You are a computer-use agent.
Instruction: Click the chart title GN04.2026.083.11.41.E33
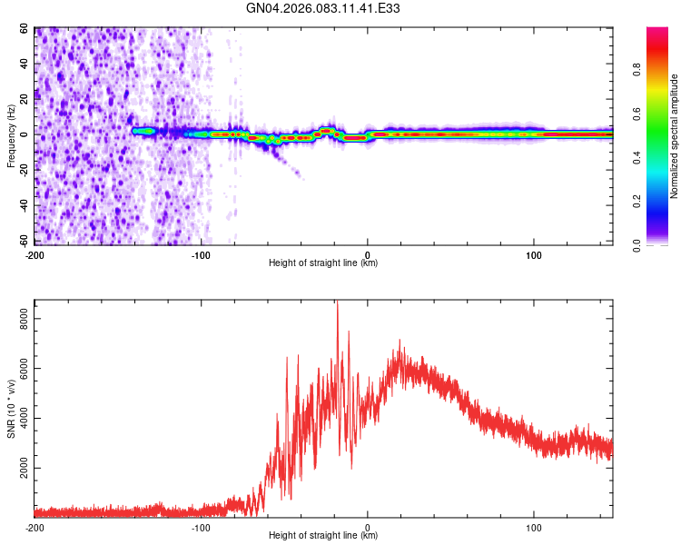(324, 8)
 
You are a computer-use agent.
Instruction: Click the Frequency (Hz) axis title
(11, 136)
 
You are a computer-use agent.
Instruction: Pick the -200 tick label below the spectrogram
(35, 254)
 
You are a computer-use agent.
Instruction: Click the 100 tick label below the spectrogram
(534, 254)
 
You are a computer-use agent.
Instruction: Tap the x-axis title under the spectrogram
(323, 263)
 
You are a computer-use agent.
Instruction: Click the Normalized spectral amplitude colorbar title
(675, 136)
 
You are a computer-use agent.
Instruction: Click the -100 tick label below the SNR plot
(201, 527)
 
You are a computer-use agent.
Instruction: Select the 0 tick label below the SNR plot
(368, 527)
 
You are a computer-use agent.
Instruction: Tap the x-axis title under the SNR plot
(323, 536)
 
